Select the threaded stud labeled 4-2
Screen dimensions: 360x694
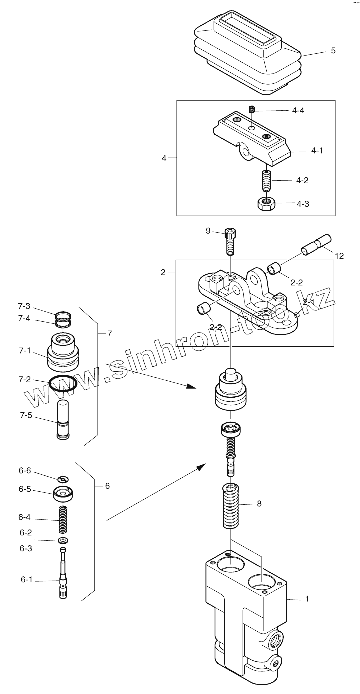(266, 180)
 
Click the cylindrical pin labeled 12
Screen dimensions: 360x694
(317, 244)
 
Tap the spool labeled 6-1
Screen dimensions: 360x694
(63, 579)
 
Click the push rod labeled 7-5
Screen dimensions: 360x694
(63, 419)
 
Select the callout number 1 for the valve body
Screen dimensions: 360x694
(307, 598)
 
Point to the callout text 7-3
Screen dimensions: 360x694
(24, 306)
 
